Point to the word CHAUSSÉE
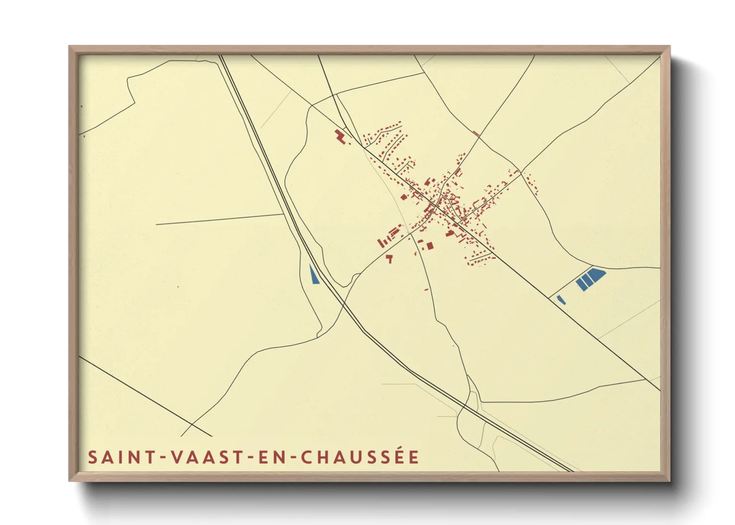[x=360, y=457]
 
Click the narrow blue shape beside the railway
[x=313, y=274]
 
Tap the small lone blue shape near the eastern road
[x=561, y=300]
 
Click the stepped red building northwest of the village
[x=340, y=136]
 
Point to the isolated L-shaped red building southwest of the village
[x=389, y=258]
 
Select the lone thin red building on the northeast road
[x=476, y=133]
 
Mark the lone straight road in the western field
[x=219, y=219]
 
